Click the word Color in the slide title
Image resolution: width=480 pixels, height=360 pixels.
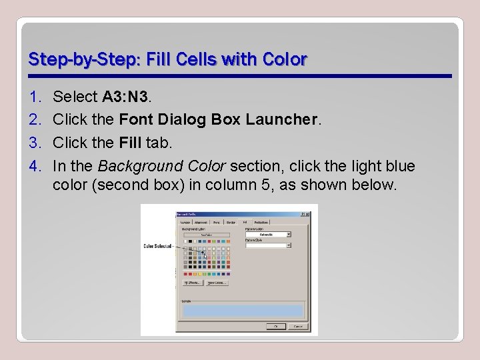point(287,59)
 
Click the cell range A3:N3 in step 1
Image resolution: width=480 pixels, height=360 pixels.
point(126,97)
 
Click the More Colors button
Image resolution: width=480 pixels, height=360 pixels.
point(217,283)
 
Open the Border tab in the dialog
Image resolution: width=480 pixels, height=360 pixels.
point(231,222)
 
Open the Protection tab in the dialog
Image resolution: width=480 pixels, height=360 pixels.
point(263,222)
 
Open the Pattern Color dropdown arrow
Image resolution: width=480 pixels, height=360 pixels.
point(289,235)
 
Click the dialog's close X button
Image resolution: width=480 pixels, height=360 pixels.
point(309,214)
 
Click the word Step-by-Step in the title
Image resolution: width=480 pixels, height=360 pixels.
point(65,59)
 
